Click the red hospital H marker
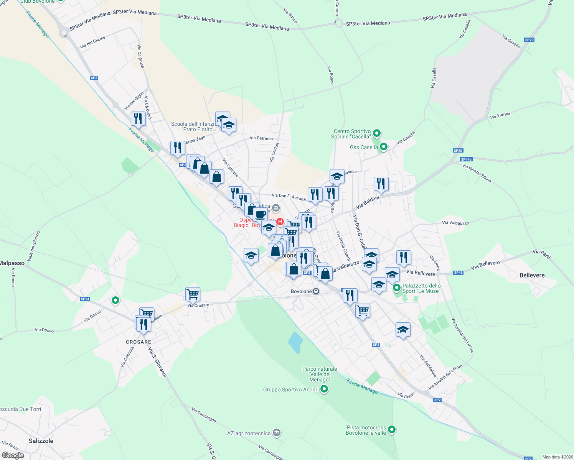tap(280, 222)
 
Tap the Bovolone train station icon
tap(316, 291)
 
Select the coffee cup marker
tap(260, 215)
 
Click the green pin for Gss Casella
tap(383, 147)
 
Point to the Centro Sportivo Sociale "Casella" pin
tap(377, 133)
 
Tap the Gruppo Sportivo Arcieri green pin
tap(324, 389)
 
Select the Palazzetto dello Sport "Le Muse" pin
tap(397, 287)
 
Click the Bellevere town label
tap(532, 275)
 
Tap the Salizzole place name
tap(41, 441)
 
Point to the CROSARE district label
tap(139, 342)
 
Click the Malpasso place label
tap(12, 263)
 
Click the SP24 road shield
tap(85, 299)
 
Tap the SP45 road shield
tap(458, 273)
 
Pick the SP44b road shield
tap(466, 159)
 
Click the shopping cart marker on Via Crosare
tap(193, 294)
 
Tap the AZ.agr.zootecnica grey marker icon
tap(277, 433)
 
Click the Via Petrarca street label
tap(261, 138)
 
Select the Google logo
tap(13, 455)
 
